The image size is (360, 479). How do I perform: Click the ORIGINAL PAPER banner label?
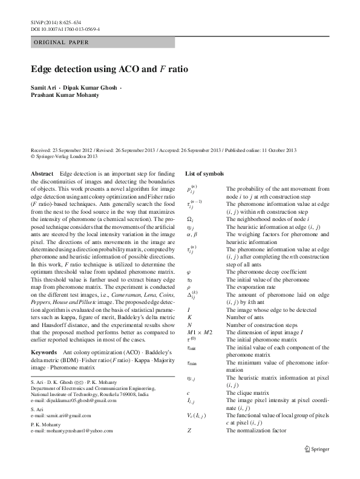[x=61, y=42]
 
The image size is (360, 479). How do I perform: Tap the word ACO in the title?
[x=125, y=69]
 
